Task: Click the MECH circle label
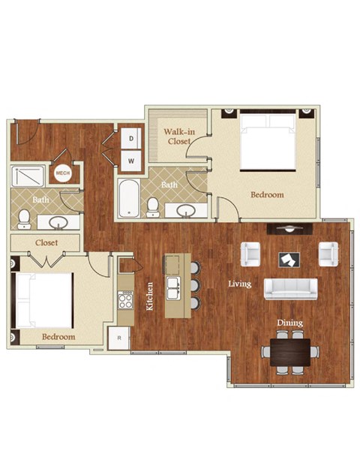coord(63,174)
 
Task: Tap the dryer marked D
coord(131,139)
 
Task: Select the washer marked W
coord(131,159)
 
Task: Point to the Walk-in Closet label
coord(178,136)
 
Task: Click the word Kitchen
coord(151,296)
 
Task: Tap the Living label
coord(240,284)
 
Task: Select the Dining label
coord(289,323)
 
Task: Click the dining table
coord(290,350)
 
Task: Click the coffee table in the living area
coord(288,259)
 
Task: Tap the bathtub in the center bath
coord(128,198)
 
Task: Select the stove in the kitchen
coord(125,301)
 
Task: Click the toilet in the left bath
coord(23,218)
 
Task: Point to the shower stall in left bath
coord(30,176)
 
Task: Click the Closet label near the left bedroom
coord(47,243)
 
